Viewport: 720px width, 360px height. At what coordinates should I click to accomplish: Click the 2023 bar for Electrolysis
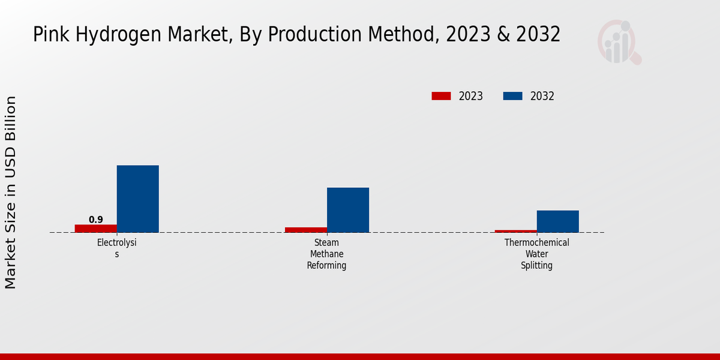click(96, 229)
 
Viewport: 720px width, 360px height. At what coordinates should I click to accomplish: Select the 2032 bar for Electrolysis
click(138, 199)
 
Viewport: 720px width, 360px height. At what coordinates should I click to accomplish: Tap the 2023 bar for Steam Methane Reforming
click(306, 230)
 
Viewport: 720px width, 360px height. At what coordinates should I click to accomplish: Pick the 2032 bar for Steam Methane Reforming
click(348, 210)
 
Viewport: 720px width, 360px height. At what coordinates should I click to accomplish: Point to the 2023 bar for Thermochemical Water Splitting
click(516, 231)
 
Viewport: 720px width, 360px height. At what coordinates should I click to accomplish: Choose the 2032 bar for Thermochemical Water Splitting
click(558, 221)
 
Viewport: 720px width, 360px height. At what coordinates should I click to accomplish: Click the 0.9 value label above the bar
click(96, 220)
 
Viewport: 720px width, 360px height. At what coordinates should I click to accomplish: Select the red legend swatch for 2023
click(441, 96)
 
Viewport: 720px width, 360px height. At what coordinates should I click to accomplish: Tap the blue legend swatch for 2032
click(512, 96)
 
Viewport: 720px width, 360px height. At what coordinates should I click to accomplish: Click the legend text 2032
click(542, 96)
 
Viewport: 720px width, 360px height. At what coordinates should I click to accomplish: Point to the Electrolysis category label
click(117, 248)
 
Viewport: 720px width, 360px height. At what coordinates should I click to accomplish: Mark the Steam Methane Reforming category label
click(327, 254)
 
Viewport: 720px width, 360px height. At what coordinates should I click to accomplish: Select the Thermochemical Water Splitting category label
click(537, 254)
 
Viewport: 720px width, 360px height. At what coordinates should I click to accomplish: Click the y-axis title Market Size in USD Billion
click(11, 192)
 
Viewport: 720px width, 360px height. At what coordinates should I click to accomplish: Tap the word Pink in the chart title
click(47, 35)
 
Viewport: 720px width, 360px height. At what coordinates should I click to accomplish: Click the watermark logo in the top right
click(619, 42)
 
